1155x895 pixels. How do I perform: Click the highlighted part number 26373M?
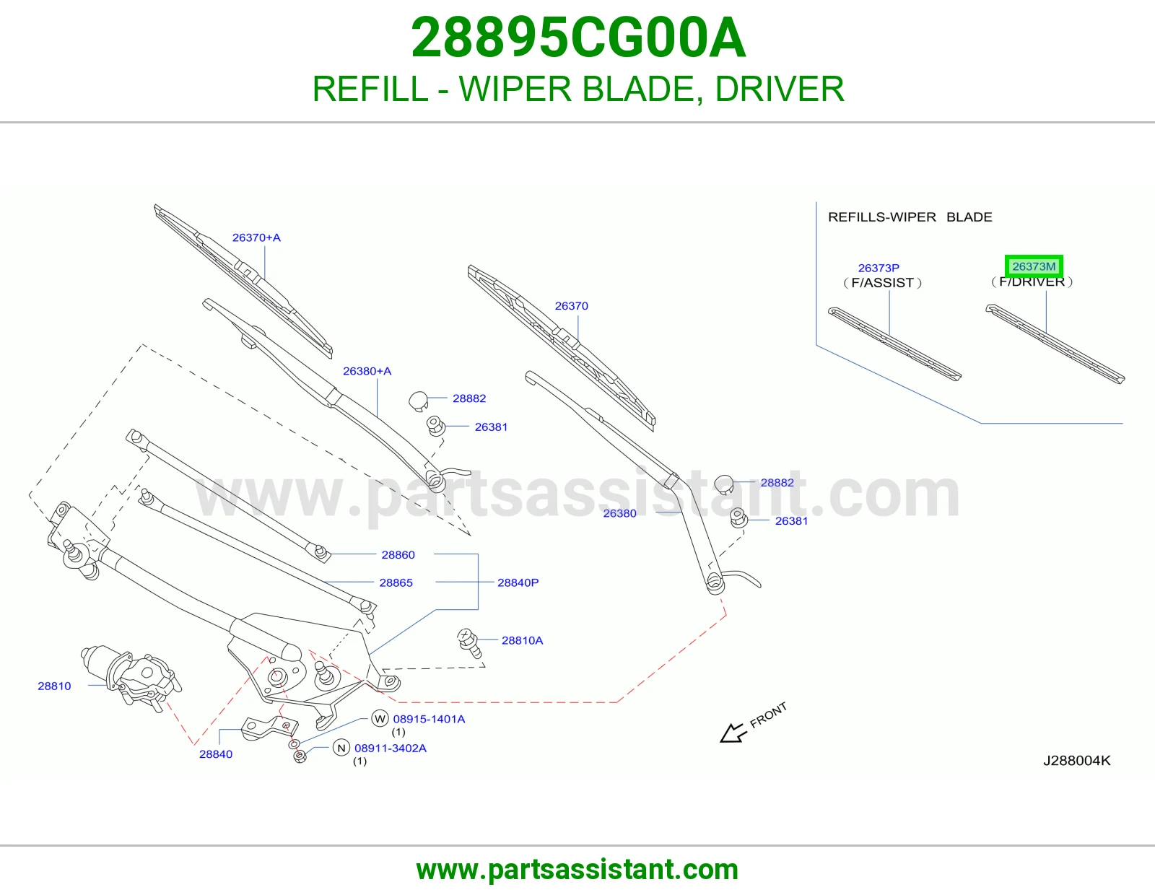point(1034,266)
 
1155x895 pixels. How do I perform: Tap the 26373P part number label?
point(879,268)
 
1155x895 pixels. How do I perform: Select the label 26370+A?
point(256,237)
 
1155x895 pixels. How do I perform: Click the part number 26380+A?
point(367,371)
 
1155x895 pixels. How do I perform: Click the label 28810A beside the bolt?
point(522,640)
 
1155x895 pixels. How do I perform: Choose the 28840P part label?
point(518,582)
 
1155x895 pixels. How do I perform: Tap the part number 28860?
point(398,555)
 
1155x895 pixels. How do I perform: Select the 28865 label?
point(396,582)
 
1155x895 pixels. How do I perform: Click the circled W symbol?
point(380,719)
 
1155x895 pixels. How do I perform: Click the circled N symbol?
point(341,748)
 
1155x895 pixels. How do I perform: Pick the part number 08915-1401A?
point(429,719)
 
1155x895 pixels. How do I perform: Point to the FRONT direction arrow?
point(733,733)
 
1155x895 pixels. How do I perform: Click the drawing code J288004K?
point(1077,761)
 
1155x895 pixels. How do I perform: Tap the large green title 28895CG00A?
point(578,38)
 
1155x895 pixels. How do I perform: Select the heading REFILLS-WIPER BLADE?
point(910,217)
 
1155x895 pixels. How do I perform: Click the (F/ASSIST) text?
point(882,283)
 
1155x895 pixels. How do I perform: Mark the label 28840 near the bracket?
point(216,754)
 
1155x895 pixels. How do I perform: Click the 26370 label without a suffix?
point(572,305)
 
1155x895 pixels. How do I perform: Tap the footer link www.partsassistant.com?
point(577,870)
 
